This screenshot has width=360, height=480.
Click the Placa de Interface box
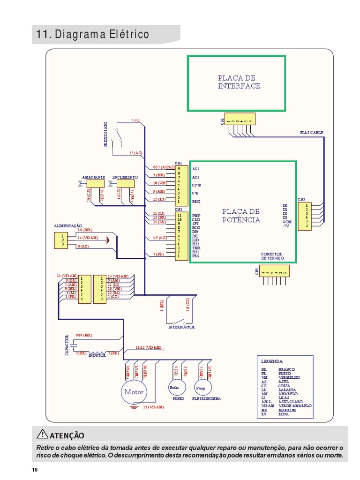click(x=236, y=83)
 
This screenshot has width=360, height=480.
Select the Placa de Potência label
click(x=241, y=216)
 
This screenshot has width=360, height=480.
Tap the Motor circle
click(x=134, y=392)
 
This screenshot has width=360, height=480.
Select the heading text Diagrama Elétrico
click(x=102, y=35)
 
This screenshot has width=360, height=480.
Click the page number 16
click(x=35, y=470)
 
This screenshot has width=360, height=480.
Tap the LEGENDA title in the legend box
click(x=272, y=361)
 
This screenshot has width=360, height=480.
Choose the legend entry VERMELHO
click(x=289, y=377)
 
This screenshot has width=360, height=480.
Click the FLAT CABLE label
click(x=311, y=133)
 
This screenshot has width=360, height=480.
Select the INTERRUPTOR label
click(x=181, y=327)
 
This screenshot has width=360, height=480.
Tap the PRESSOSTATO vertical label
click(x=106, y=135)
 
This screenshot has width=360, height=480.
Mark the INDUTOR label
click(x=97, y=356)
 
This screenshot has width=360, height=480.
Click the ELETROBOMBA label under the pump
click(x=206, y=399)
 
